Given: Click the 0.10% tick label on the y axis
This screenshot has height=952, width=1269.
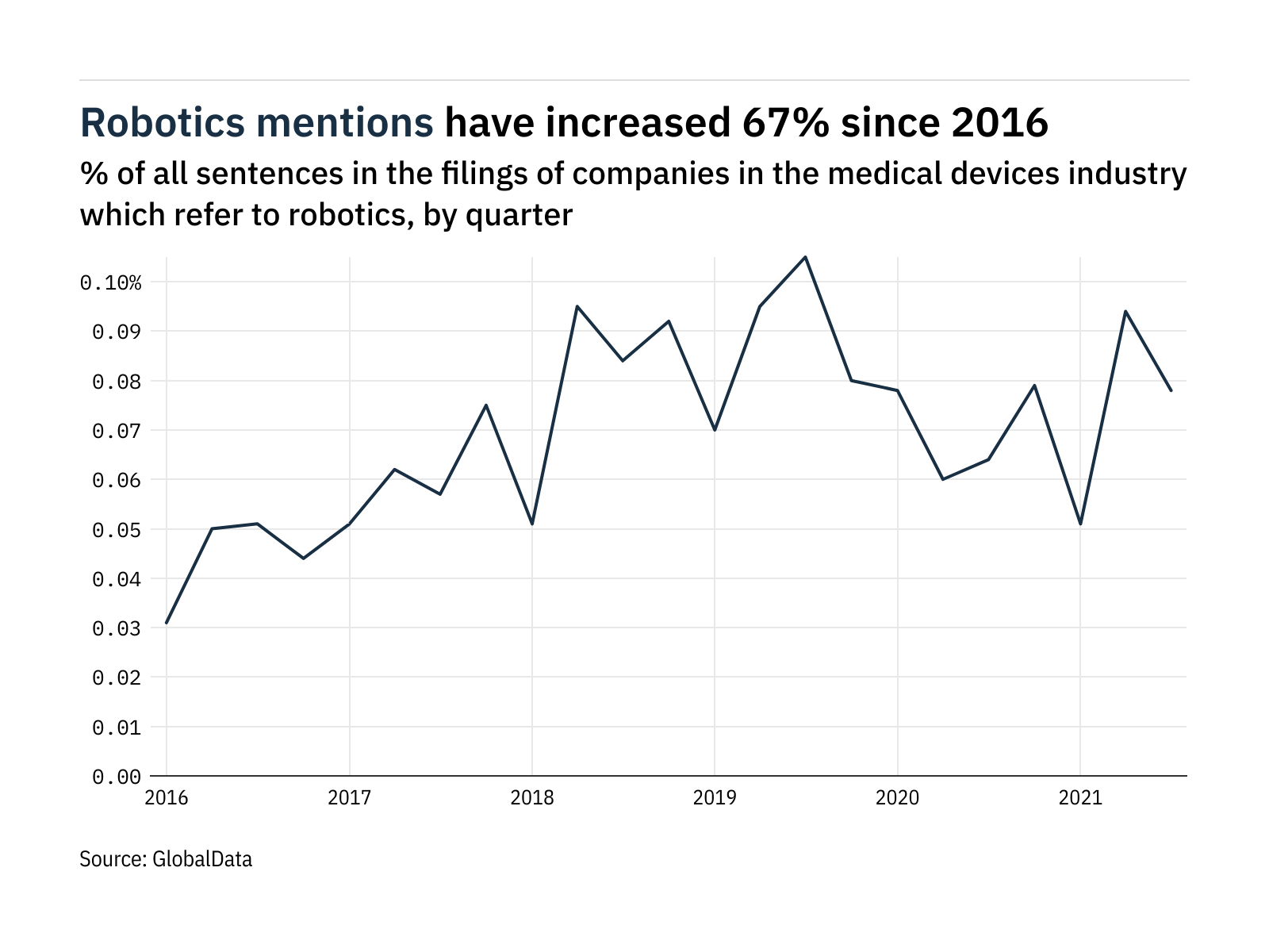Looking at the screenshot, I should pyautogui.click(x=110, y=282).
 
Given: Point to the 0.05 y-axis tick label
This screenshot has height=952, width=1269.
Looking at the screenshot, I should pyautogui.click(x=117, y=530).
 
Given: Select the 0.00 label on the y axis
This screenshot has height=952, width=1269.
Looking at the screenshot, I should pyautogui.click(x=117, y=777).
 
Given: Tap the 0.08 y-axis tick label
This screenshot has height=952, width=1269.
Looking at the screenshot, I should pyautogui.click(x=117, y=382).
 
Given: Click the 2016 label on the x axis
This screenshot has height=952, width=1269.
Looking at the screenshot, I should pyautogui.click(x=167, y=797).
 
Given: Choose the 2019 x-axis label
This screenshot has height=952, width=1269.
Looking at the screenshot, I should pyautogui.click(x=715, y=797).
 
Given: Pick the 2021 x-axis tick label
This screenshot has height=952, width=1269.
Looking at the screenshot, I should pyautogui.click(x=1080, y=797).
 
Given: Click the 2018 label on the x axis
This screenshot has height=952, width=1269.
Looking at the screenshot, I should pyautogui.click(x=532, y=797).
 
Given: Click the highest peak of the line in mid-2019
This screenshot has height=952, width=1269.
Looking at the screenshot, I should pyautogui.click(x=806, y=257).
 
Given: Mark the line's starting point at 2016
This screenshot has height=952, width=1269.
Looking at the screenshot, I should pyautogui.click(x=167, y=623).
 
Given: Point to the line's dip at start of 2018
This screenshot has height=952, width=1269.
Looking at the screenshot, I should pyautogui.click(x=532, y=524).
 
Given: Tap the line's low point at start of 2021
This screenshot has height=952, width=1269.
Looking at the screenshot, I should pyautogui.click(x=1080, y=524).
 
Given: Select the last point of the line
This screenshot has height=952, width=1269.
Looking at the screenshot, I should pyautogui.click(x=1171, y=390).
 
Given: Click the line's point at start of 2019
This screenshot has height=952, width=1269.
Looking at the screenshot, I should pyautogui.click(x=715, y=430).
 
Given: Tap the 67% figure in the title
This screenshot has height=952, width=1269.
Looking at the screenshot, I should pyautogui.click(x=786, y=123).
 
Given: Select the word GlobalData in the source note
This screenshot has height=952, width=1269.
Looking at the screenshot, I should pyautogui.click(x=202, y=859).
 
